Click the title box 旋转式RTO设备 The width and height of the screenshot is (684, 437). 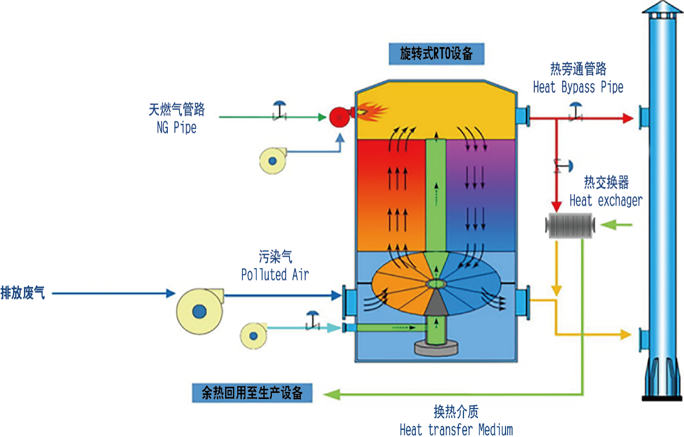click(x=436, y=54)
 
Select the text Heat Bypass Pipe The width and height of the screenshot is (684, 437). click(x=578, y=87)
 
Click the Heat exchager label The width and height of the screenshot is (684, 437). click(x=605, y=200)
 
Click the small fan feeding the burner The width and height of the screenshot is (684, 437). click(x=272, y=161)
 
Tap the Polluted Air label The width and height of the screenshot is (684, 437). click(x=275, y=275)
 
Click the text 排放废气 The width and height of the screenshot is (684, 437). click(x=22, y=293)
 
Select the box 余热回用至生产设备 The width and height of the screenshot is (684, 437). click(x=252, y=393)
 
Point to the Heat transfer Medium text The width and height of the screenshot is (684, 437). click(x=456, y=429)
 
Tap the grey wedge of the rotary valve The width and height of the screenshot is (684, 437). click(x=435, y=304)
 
